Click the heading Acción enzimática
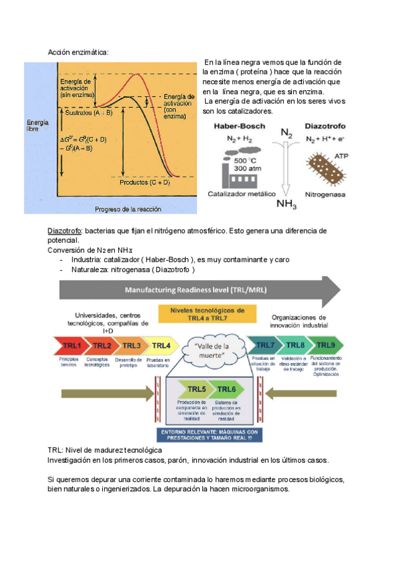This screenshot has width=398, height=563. (x=78, y=52)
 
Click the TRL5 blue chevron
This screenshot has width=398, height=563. (x=194, y=389)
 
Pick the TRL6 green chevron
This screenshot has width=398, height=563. (x=225, y=389)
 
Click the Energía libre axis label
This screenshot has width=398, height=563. (x=37, y=126)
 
